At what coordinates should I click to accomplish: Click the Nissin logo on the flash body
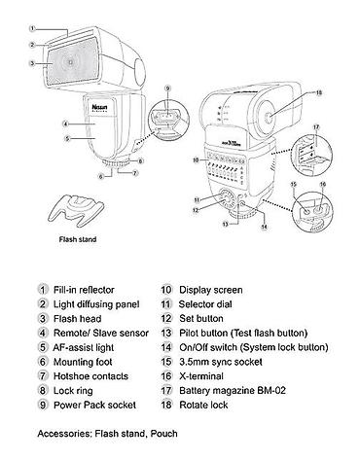click(99, 107)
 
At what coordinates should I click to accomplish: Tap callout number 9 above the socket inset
click(167, 88)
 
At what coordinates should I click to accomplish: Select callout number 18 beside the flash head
click(319, 93)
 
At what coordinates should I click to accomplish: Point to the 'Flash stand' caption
click(78, 239)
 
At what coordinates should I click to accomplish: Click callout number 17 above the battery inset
click(316, 127)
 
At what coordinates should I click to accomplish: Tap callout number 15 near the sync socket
click(294, 185)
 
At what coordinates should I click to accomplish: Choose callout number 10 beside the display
click(196, 159)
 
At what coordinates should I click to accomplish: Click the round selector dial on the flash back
click(226, 198)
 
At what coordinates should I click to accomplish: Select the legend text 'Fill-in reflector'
click(84, 290)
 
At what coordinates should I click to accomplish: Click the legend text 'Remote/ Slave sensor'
click(101, 333)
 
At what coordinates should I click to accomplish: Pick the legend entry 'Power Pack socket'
click(94, 405)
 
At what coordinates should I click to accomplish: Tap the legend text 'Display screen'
click(211, 290)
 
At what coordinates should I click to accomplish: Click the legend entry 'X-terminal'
click(201, 376)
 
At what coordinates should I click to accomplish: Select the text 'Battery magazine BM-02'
click(233, 391)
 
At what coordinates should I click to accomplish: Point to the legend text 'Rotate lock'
click(203, 405)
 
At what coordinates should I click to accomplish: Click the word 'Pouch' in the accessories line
click(163, 434)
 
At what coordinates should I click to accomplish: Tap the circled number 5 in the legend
click(43, 347)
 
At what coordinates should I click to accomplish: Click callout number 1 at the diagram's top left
click(32, 28)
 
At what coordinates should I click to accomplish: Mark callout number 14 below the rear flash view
click(265, 227)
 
